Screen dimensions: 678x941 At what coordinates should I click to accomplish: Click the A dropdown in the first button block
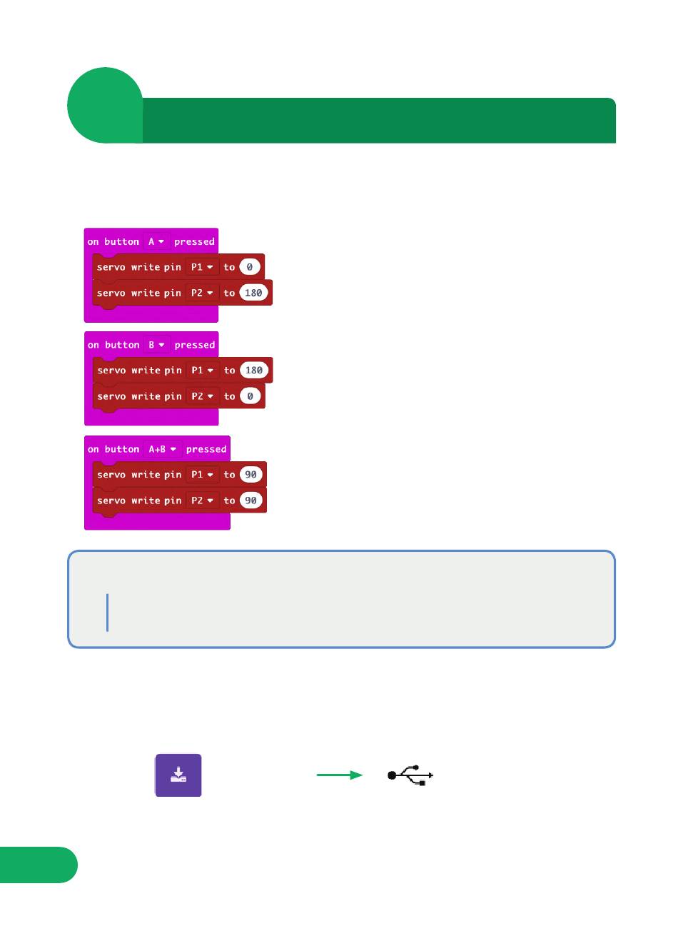click(x=156, y=242)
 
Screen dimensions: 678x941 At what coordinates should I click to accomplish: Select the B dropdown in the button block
click(x=156, y=345)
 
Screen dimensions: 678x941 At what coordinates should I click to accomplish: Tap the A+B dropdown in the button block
click(x=162, y=449)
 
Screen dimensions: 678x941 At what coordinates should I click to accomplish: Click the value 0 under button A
click(x=250, y=267)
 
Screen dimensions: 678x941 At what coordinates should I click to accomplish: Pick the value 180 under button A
click(x=253, y=293)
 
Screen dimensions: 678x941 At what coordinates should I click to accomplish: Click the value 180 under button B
click(x=253, y=371)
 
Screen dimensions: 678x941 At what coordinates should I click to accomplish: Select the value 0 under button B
click(x=250, y=396)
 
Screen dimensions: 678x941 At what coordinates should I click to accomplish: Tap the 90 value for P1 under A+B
click(x=251, y=475)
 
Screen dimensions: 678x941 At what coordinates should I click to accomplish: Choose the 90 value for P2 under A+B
click(x=251, y=500)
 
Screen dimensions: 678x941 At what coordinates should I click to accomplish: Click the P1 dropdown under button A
click(x=202, y=267)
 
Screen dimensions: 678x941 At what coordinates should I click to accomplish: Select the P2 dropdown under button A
click(x=202, y=293)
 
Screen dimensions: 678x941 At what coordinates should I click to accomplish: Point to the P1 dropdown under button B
click(x=202, y=371)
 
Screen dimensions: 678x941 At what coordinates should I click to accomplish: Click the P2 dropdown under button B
click(x=202, y=396)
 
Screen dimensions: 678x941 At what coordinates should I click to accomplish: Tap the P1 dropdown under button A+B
click(x=202, y=475)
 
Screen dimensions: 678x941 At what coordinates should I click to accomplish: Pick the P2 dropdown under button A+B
click(x=202, y=500)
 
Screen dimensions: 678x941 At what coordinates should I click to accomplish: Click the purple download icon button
click(x=178, y=775)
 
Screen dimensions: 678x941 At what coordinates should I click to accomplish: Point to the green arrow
click(x=340, y=775)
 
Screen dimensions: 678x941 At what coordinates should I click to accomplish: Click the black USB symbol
click(x=410, y=775)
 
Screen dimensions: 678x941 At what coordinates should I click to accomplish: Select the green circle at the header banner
click(x=105, y=105)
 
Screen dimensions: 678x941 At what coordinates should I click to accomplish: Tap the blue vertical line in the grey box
click(x=108, y=613)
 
